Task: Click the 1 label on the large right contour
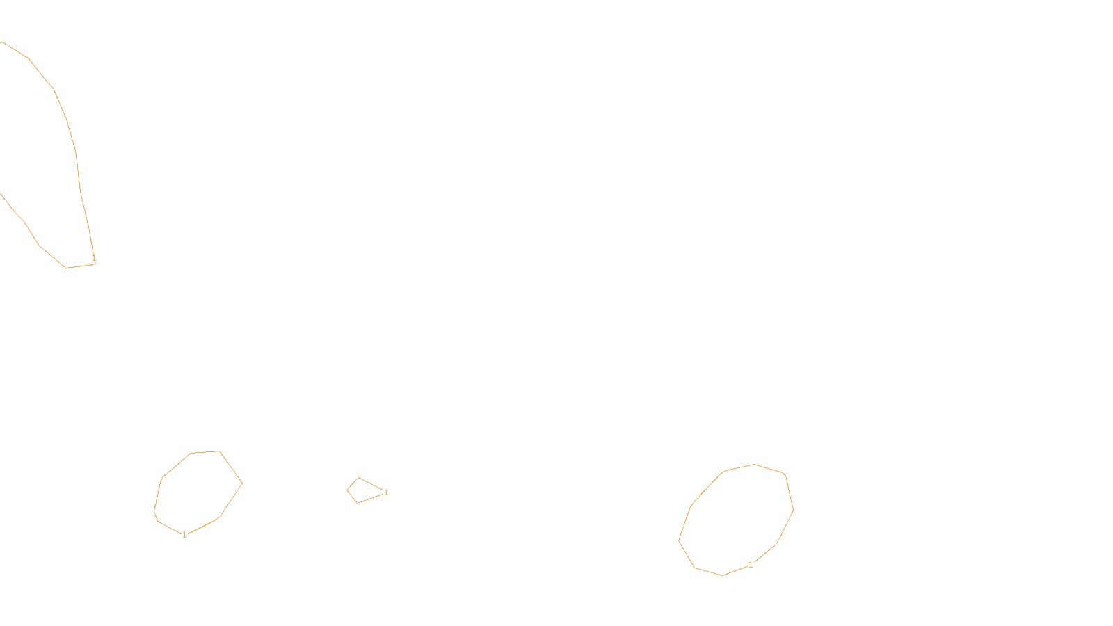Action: tap(751, 565)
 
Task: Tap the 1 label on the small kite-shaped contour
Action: tap(386, 492)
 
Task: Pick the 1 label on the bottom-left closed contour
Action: tap(184, 535)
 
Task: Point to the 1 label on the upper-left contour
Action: tap(94, 259)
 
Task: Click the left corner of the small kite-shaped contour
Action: tap(347, 490)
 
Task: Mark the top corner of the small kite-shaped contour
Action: tap(359, 478)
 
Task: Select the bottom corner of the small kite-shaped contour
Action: tap(357, 503)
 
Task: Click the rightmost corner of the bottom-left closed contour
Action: tap(242, 483)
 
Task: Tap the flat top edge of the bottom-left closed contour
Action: tap(205, 452)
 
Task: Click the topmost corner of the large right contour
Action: tap(754, 464)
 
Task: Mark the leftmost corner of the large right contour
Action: tap(679, 540)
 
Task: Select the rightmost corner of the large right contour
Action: tap(794, 509)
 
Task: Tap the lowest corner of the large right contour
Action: tap(722, 575)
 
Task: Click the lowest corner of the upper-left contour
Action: tap(66, 268)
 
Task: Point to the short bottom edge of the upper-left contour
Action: tap(81, 266)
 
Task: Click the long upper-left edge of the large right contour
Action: tap(707, 488)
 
